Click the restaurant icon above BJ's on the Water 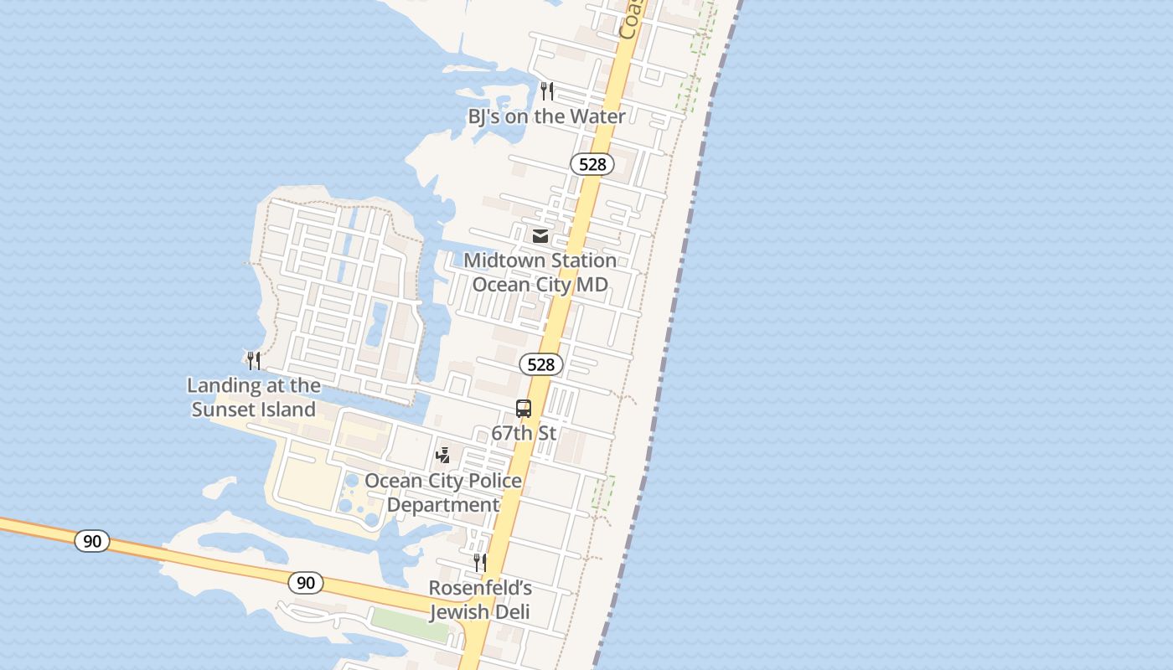pos(547,91)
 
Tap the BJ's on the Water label pos(546,116)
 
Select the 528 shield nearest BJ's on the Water pos(592,164)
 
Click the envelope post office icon pos(540,237)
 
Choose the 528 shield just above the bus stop pos(541,364)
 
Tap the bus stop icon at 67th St pos(524,410)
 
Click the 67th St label pos(524,434)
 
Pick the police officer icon pos(443,456)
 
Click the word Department pos(443,505)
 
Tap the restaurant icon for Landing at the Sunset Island pos(254,361)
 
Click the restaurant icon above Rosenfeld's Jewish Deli pos(480,563)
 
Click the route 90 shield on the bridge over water pos(92,541)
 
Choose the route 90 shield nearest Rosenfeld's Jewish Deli pos(306,582)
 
